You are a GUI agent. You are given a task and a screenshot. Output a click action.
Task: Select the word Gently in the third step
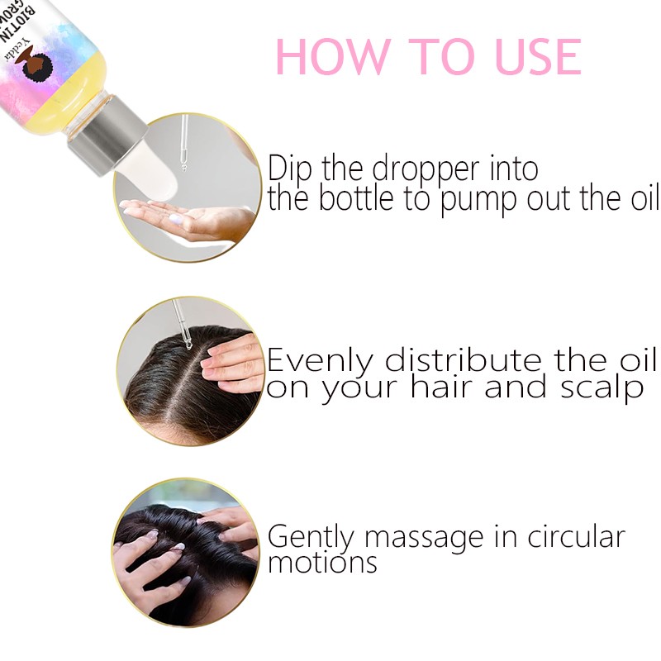(x=312, y=537)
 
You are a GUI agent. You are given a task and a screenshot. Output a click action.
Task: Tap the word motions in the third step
(x=322, y=564)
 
